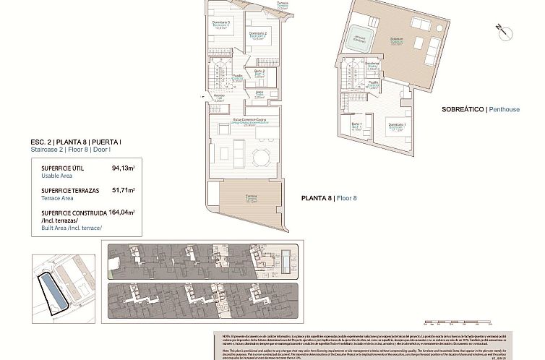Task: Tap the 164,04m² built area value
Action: coord(122,213)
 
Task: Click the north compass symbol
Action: coord(505,32)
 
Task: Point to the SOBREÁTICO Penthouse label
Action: coord(480,109)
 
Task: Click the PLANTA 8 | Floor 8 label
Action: coord(329,197)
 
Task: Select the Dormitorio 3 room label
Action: coord(221,24)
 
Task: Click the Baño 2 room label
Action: coord(260,72)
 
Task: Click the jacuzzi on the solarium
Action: coord(357,40)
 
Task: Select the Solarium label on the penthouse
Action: coord(397,40)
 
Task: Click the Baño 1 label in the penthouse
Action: coord(356,126)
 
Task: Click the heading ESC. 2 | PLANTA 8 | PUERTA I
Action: coord(76,142)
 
